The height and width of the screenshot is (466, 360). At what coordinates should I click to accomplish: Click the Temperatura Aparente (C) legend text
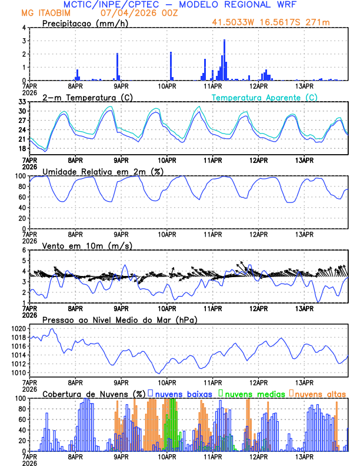click(x=264, y=97)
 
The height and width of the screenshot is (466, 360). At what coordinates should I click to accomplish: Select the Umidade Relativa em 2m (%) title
click(x=103, y=171)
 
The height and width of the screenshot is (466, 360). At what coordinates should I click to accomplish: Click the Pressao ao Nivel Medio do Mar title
click(x=119, y=319)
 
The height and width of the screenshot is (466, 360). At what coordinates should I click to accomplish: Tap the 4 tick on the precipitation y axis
click(x=24, y=28)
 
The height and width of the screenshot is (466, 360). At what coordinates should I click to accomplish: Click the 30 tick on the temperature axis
click(x=22, y=111)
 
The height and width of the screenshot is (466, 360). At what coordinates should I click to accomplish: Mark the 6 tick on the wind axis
click(x=24, y=250)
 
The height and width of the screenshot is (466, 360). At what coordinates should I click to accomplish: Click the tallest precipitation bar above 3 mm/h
click(x=225, y=59)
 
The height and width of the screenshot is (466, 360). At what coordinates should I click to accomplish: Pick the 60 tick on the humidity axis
click(x=22, y=197)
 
